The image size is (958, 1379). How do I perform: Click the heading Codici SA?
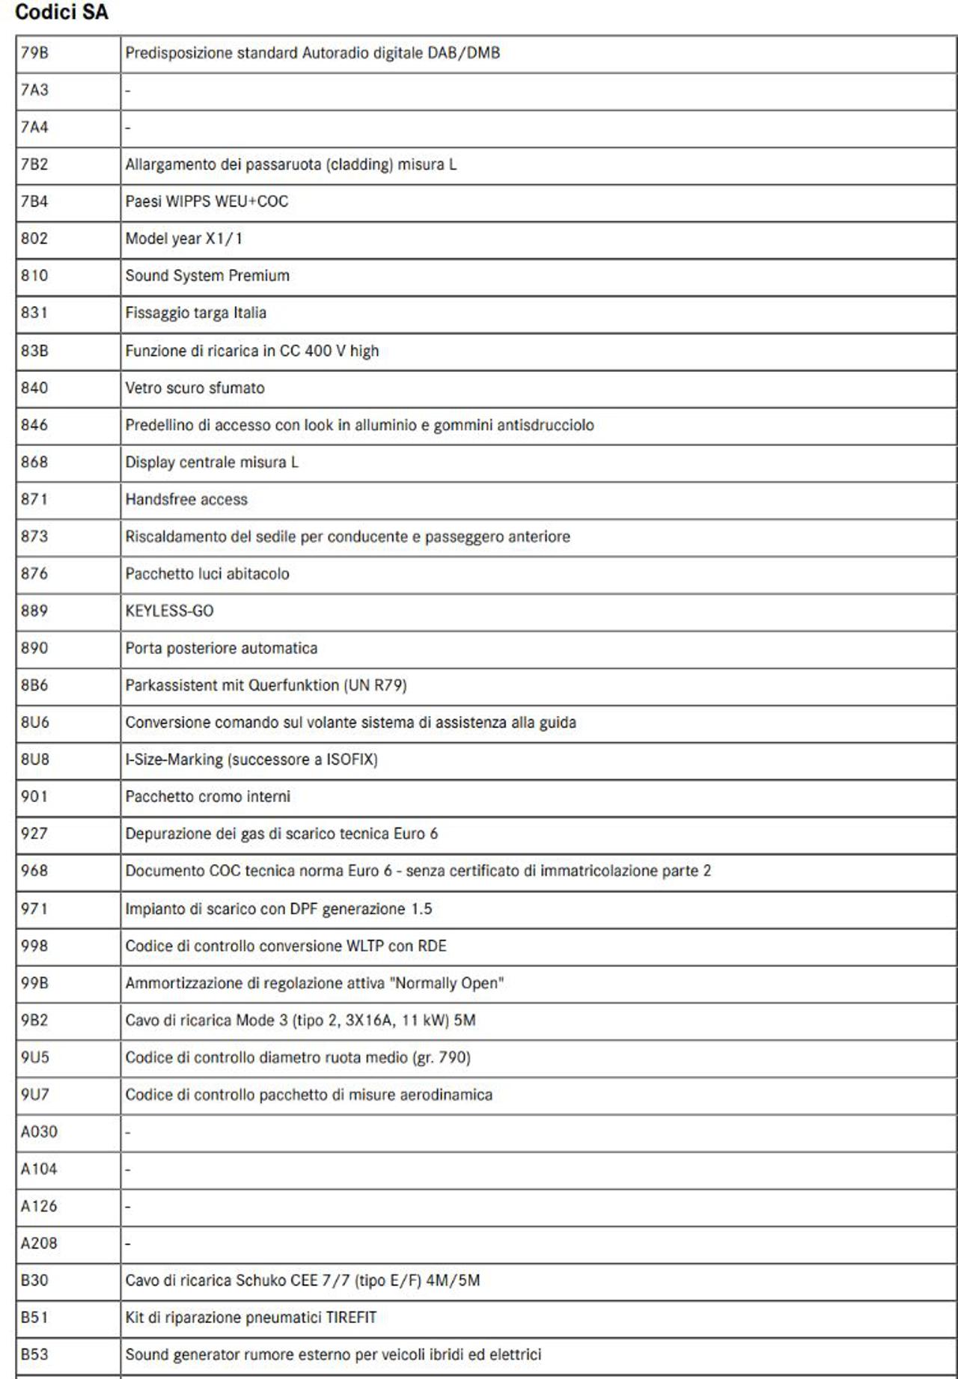(x=61, y=12)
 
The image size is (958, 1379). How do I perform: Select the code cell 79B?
(x=34, y=53)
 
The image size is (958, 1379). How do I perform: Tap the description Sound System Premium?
(x=207, y=276)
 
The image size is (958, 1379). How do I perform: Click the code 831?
(x=34, y=313)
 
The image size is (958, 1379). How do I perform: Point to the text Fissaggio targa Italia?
(x=195, y=313)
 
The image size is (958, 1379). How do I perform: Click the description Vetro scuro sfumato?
(x=195, y=388)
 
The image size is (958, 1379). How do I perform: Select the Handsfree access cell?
(x=186, y=500)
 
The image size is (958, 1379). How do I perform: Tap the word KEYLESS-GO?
(x=169, y=611)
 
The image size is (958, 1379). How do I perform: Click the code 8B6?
(x=34, y=685)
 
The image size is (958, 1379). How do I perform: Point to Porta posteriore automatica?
(x=221, y=649)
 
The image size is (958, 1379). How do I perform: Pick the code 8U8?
(x=34, y=759)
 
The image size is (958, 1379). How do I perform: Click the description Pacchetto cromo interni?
(x=207, y=797)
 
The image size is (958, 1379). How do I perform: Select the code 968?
(x=34, y=871)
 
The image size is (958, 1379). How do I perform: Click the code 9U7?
(x=34, y=1095)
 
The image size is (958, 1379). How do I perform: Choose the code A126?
(x=39, y=1206)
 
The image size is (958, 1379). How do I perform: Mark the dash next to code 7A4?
(x=128, y=128)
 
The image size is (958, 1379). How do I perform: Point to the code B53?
(x=34, y=1355)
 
